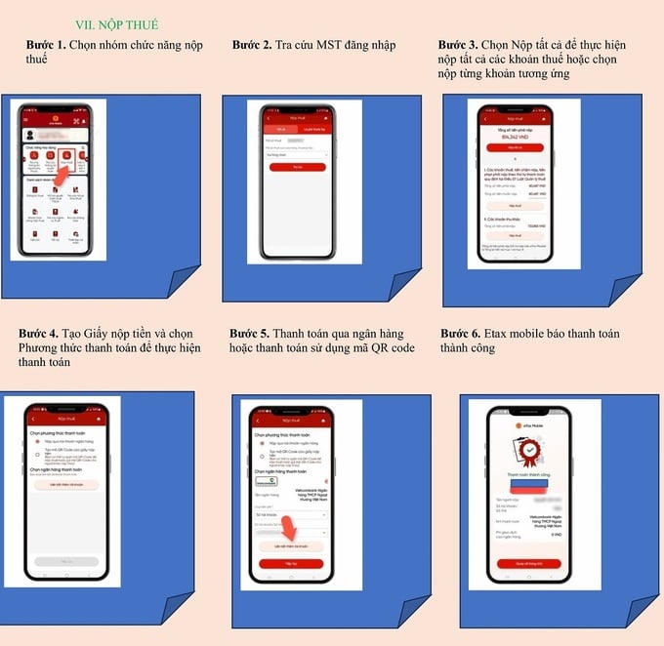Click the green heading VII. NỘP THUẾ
[116, 24]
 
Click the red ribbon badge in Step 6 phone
[530, 454]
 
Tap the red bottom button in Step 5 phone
[291, 564]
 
